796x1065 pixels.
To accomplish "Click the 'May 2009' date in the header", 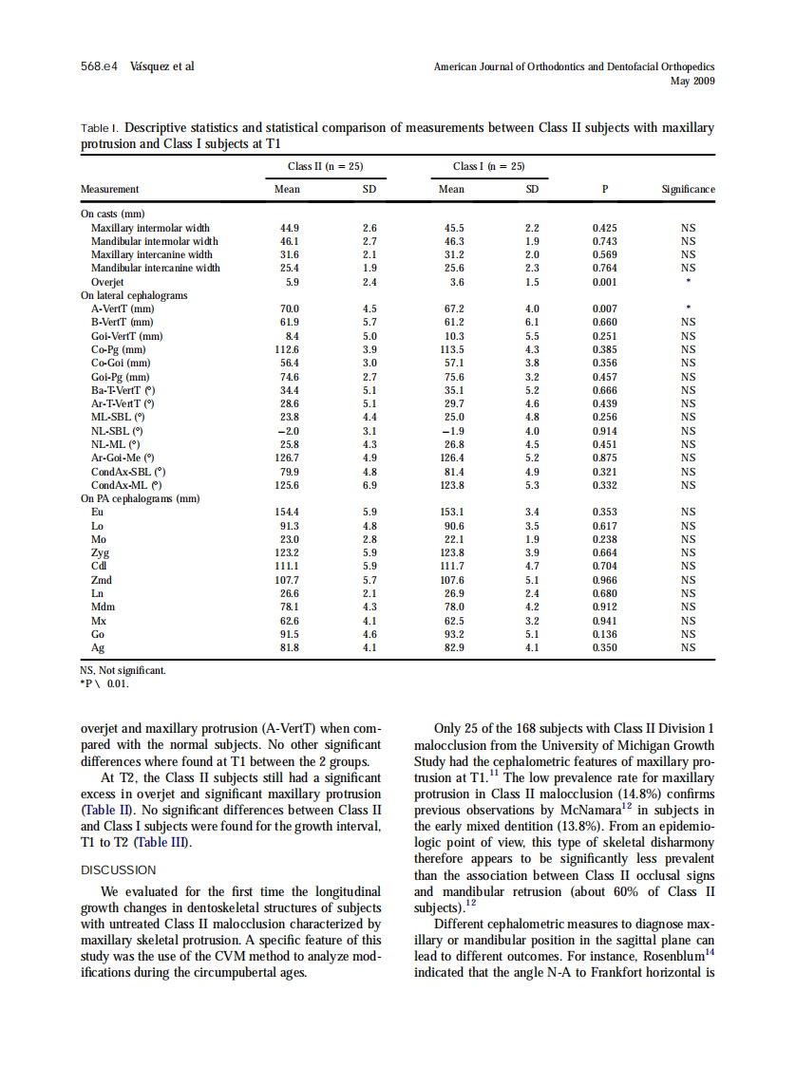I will click(x=692, y=82).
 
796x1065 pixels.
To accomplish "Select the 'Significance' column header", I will click(x=688, y=189).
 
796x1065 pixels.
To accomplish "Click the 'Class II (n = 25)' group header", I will click(x=325, y=166).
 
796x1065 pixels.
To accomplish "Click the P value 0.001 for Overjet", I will click(x=604, y=282).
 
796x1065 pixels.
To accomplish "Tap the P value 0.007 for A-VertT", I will click(x=604, y=308).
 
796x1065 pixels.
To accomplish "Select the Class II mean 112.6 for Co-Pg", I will click(x=286, y=349).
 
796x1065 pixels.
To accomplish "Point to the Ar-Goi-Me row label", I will click(x=123, y=458).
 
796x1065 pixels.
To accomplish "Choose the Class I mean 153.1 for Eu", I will click(x=451, y=512).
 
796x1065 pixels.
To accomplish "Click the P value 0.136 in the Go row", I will click(x=604, y=634).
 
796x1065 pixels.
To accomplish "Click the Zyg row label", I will click(x=100, y=552).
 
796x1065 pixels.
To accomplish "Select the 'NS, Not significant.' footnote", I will click(x=123, y=670).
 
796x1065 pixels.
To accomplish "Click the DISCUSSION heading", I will click(x=119, y=869).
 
